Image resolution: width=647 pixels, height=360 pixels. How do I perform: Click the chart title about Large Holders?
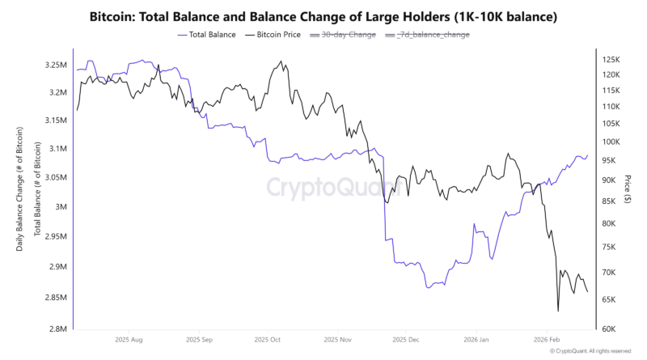click(x=323, y=16)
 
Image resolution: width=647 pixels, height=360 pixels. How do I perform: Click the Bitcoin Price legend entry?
click(x=277, y=35)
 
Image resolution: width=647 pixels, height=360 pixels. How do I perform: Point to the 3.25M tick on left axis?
click(x=56, y=65)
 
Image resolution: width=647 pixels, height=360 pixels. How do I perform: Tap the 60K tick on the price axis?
click(x=609, y=329)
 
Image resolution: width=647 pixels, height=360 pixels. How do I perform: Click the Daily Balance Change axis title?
click(x=20, y=188)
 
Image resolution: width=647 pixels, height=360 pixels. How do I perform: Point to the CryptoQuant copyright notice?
click(x=590, y=351)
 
